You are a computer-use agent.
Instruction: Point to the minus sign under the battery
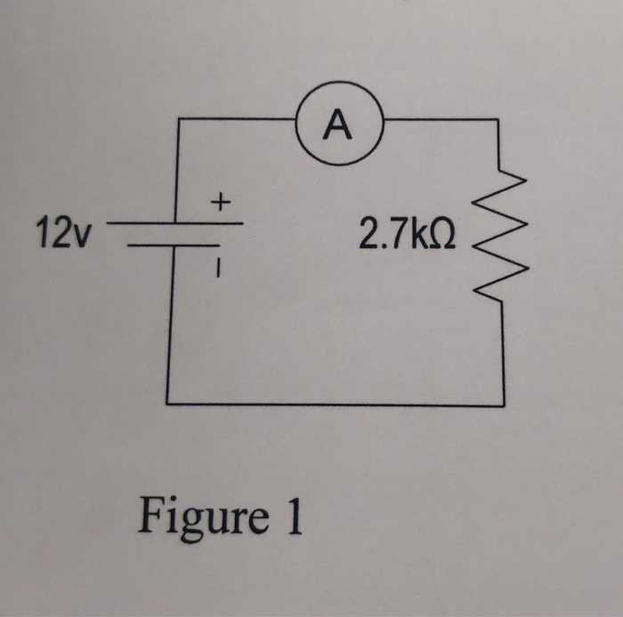pos(214,264)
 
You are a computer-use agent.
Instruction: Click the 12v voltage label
pos(63,235)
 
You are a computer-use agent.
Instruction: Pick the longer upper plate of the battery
pos(174,223)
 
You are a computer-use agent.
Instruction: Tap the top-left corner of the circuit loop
pos(181,119)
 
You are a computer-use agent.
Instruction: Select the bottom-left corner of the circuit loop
pos(169,403)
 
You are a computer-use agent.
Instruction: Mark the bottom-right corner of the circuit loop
pos(504,405)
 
